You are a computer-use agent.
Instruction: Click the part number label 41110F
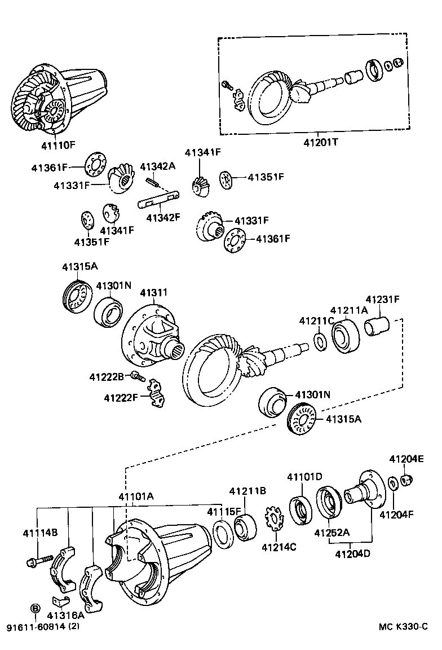coord(58,145)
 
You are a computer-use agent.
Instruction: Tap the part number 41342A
coord(158,166)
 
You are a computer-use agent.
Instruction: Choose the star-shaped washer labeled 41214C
coord(273,519)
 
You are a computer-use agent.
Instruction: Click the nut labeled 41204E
coord(408,481)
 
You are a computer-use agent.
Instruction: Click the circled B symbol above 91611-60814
coord(35,608)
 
